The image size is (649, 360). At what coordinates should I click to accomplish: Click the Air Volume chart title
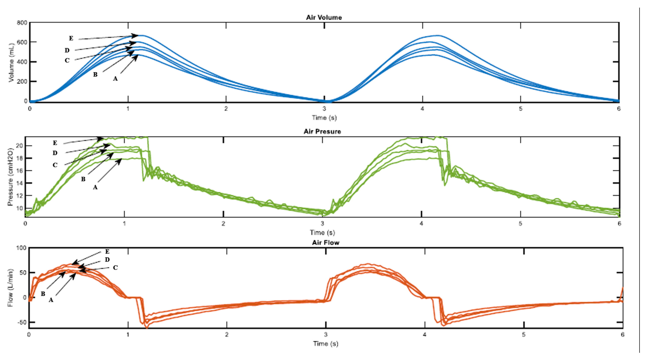pos(324,17)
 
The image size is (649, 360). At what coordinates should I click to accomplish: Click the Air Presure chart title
pos(322,131)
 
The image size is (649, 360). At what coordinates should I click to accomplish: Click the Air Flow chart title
pos(325,243)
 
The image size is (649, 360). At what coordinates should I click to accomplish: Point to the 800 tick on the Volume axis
pos(22,23)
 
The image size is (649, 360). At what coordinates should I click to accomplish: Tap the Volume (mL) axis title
pos(11,63)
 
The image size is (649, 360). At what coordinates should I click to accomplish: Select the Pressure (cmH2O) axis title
pos(10,177)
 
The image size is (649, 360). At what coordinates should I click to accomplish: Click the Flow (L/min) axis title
pos(10,288)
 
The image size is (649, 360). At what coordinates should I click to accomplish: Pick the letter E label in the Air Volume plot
pos(71,38)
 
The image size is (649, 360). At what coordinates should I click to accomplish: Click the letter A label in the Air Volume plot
pos(115,79)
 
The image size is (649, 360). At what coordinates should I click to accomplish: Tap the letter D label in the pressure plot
pos(55,153)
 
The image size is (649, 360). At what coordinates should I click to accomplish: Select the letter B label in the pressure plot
pos(83,179)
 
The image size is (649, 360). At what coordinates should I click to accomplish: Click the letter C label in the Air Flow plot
pos(115,267)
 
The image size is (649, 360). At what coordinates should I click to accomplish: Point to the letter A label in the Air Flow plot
pos(51,300)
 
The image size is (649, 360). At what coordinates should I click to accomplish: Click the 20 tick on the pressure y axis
pos(19,146)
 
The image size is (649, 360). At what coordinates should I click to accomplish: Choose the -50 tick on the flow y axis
pos(21,322)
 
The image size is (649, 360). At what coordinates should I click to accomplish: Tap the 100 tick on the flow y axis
pos(21,248)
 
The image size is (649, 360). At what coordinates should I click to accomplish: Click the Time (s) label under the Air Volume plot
pos(324,118)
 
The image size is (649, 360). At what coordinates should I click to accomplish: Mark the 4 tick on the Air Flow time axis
pos(425,335)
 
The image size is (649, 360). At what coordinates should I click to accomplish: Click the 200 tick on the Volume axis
pos(22,82)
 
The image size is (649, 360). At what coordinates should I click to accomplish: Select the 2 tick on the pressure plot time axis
pos(223,224)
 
